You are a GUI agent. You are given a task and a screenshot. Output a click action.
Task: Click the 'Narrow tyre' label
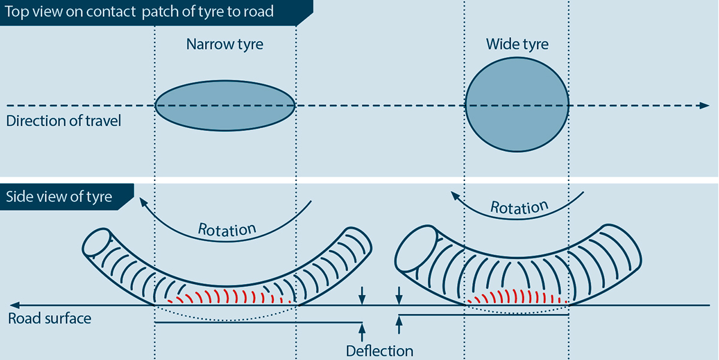click(225, 44)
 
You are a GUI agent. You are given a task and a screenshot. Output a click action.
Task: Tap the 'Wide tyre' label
click(517, 44)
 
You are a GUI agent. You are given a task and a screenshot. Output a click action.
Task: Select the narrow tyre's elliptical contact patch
click(225, 106)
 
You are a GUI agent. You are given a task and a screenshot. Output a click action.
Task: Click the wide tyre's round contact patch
click(517, 106)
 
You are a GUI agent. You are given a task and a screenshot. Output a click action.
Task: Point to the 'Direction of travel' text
click(64, 121)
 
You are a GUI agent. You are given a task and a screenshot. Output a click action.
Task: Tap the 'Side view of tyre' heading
click(59, 196)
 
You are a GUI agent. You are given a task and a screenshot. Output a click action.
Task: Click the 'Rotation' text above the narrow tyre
click(227, 229)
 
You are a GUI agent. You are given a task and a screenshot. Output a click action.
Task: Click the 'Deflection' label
click(379, 350)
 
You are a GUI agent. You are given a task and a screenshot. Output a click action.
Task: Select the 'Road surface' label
click(50, 318)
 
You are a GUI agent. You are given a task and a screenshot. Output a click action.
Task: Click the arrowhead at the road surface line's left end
click(14, 305)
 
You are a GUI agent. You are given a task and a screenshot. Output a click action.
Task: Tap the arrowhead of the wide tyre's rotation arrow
click(455, 195)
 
